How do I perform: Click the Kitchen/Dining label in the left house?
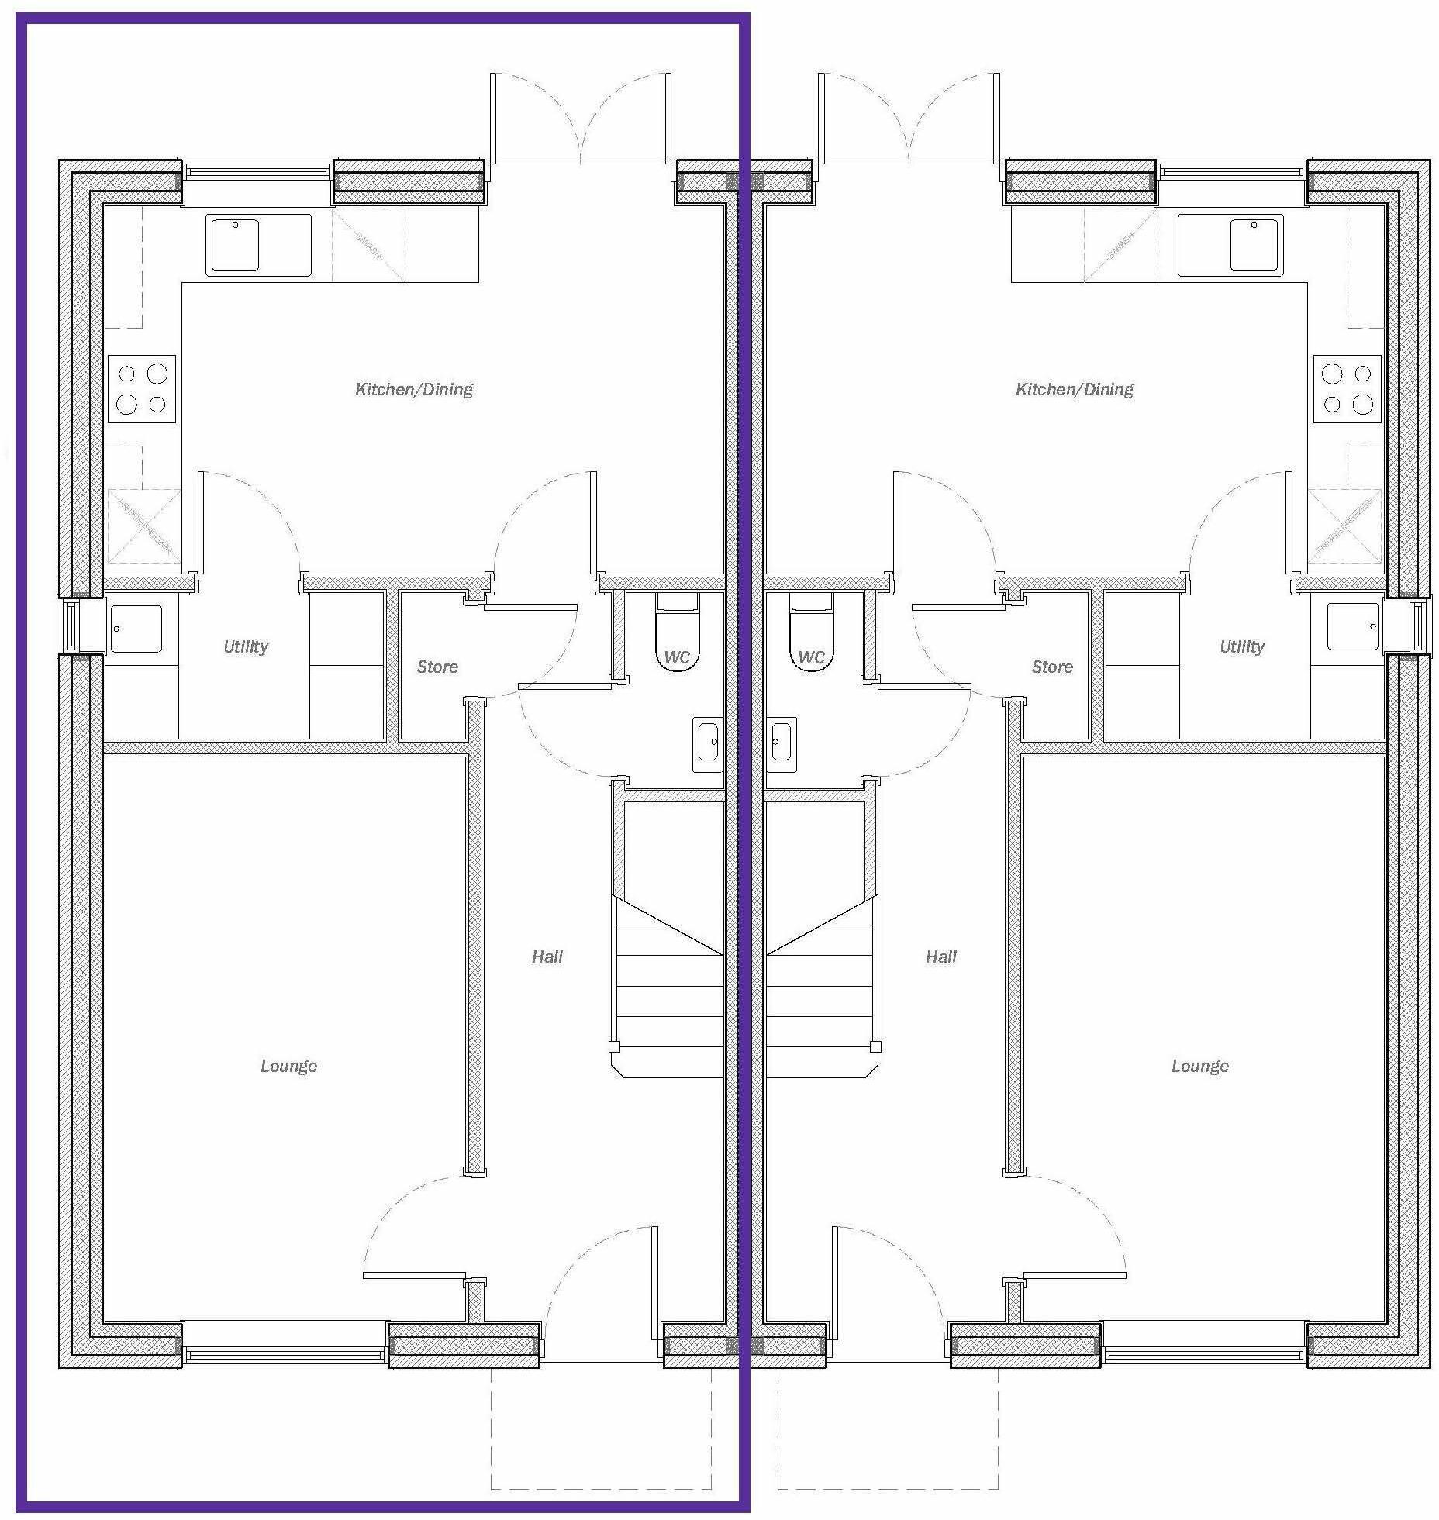coord(413,389)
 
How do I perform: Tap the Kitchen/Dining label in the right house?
coord(1074,389)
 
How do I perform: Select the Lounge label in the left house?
coord(288,1066)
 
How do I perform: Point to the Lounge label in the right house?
coord(1199,1066)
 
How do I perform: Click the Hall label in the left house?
coord(547,956)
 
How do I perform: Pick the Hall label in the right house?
coord(940,956)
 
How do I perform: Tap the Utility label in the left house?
coord(245,646)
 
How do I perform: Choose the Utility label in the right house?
coord(1241,646)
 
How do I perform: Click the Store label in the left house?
coord(437,667)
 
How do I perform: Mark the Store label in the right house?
coord(1051,667)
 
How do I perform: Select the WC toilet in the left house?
coord(677,636)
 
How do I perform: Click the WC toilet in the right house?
coord(811,636)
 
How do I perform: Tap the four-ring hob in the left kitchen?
coord(142,389)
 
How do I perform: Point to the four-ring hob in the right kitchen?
coord(1347,389)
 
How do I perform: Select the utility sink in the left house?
coord(136,629)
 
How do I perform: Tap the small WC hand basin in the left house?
coord(708,743)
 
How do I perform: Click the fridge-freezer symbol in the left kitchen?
coord(143,526)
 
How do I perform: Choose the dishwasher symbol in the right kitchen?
coord(1120,245)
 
